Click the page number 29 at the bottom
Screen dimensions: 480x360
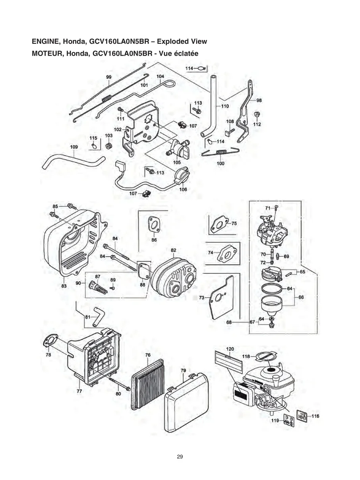coord(180,457)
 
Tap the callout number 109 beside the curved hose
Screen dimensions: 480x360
coord(74,147)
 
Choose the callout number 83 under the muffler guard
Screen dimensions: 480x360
coord(64,286)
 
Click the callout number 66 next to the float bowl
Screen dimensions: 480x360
coord(301,297)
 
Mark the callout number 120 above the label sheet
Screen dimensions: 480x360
coord(230,349)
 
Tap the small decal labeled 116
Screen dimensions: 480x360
coord(303,416)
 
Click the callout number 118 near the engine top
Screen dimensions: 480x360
coord(246,356)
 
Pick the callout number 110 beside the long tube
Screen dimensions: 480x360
coord(225,106)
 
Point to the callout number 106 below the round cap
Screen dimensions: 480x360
coord(183,190)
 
